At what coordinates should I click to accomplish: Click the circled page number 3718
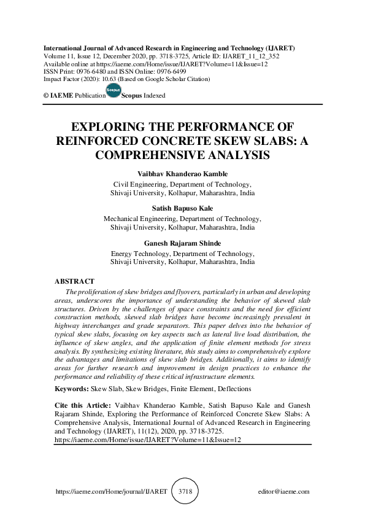coord(183,492)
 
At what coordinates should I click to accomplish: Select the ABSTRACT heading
coord(75,281)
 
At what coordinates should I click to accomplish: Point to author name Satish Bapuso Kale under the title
coord(182,209)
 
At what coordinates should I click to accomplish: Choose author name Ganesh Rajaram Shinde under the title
coord(182,243)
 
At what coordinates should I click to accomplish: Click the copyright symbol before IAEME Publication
coord(46,96)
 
